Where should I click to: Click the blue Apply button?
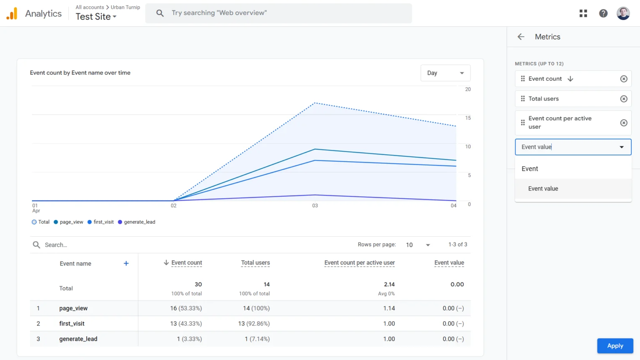tap(615, 346)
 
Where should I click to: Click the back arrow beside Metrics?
tap(521, 37)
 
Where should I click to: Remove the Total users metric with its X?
tap(624, 99)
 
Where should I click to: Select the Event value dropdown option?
tap(543, 189)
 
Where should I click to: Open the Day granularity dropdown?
tap(445, 73)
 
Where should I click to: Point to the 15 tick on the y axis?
tap(468, 118)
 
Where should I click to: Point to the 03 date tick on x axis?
tap(315, 205)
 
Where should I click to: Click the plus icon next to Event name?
tap(126, 263)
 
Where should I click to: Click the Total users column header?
tap(255, 263)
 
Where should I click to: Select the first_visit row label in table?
tap(72, 324)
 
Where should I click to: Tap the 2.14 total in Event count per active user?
tap(389, 284)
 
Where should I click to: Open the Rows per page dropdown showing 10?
tap(418, 245)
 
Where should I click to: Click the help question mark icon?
tap(603, 13)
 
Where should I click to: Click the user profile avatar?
tap(623, 13)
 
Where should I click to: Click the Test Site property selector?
tap(96, 17)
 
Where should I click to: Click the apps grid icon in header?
tap(583, 13)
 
